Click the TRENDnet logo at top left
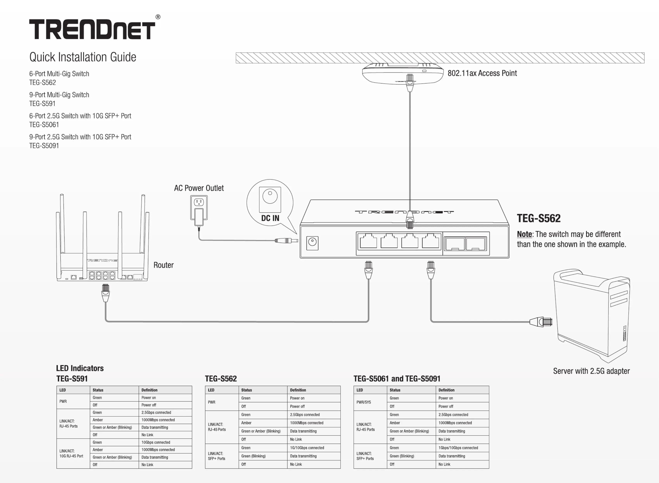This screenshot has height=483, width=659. click(92, 29)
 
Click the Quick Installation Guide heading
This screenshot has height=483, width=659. click(83, 57)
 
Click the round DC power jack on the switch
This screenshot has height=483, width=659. click(312, 242)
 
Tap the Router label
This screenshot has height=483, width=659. click(163, 265)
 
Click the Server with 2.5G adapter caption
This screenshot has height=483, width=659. click(591, 371)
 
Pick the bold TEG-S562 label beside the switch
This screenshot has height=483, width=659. click(539, 218)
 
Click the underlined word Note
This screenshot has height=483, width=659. click(524, 234)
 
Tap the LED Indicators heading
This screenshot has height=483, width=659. click(80, 368)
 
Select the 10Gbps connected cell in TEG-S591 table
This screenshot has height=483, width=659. click(156, 442)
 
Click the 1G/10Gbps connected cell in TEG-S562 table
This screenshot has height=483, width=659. click(307, 448)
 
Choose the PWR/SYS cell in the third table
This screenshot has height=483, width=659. click(364, 402)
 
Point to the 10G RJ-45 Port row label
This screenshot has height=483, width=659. click(71, 456)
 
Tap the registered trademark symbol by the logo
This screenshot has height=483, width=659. click(158, 17)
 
